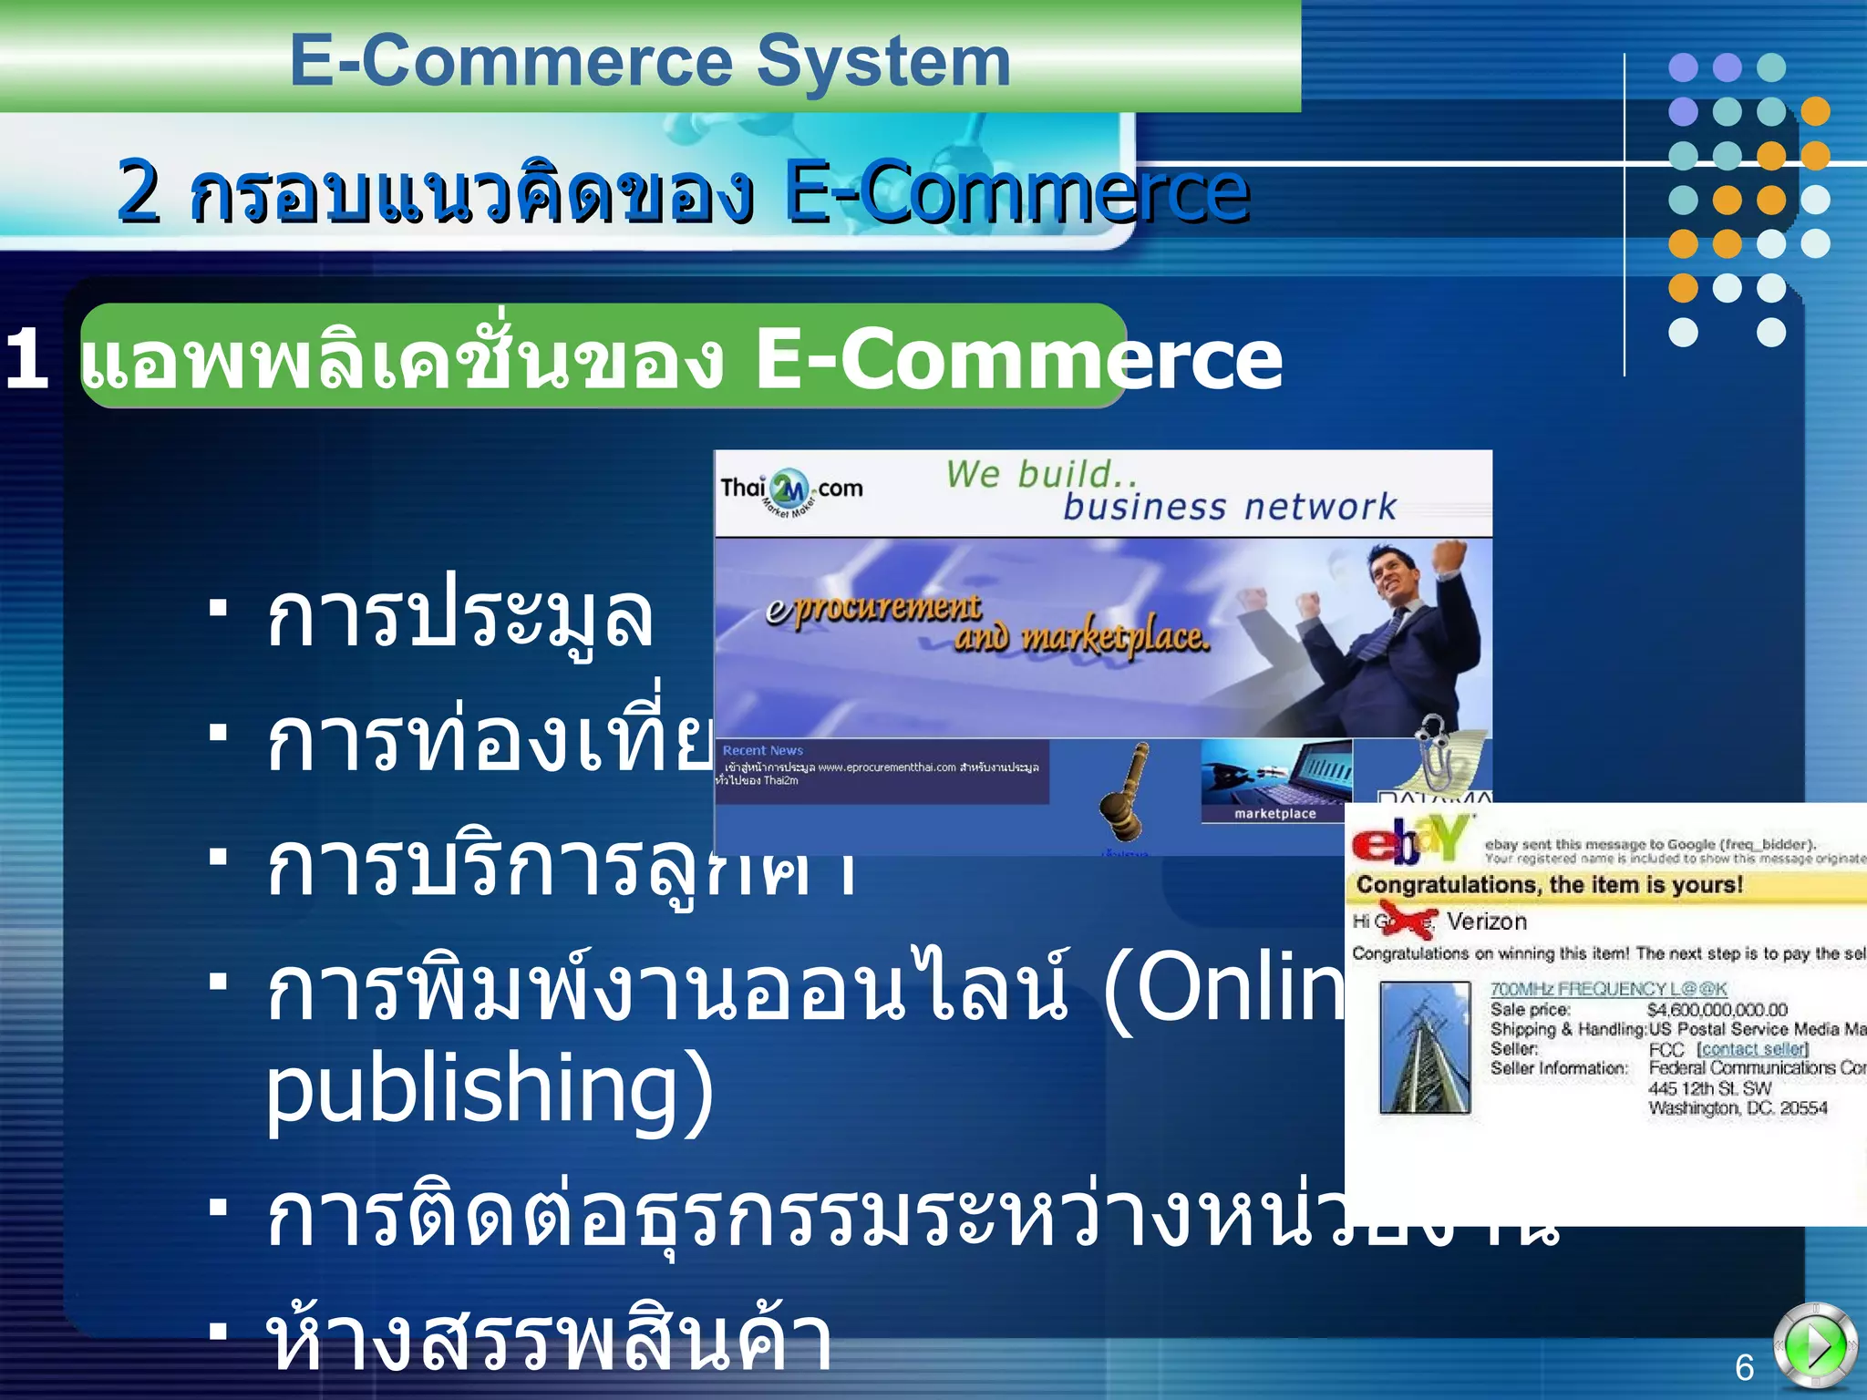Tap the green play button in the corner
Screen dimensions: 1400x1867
point(1814,1345)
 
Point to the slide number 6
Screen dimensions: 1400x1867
point(1744,1368)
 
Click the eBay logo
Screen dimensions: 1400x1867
point(1409,839)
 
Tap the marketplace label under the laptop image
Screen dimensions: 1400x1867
point(1274,814)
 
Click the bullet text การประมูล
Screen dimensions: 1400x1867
point(459,617)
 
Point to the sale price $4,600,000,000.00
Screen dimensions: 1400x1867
point(1717,1010)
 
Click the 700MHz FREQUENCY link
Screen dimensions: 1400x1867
point(1608,989)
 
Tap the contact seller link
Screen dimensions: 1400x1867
point(1752,1049)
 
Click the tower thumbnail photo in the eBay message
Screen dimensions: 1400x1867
point(1424,1048)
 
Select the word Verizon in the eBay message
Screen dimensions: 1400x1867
point(1486,921)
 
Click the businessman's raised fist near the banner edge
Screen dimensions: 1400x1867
point(1450,555)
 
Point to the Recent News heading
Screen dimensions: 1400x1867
point(762,751)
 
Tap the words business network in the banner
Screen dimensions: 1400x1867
point(1229,507)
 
